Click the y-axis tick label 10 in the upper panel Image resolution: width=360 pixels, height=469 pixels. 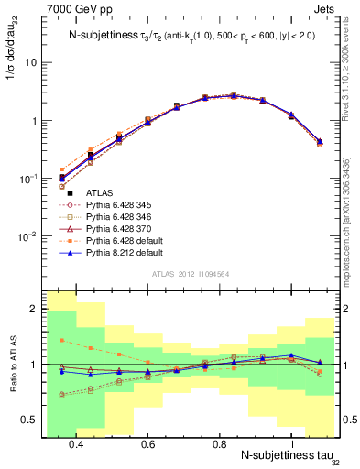coord(31,63)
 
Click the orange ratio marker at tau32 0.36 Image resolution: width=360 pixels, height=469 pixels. coord(61,340)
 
